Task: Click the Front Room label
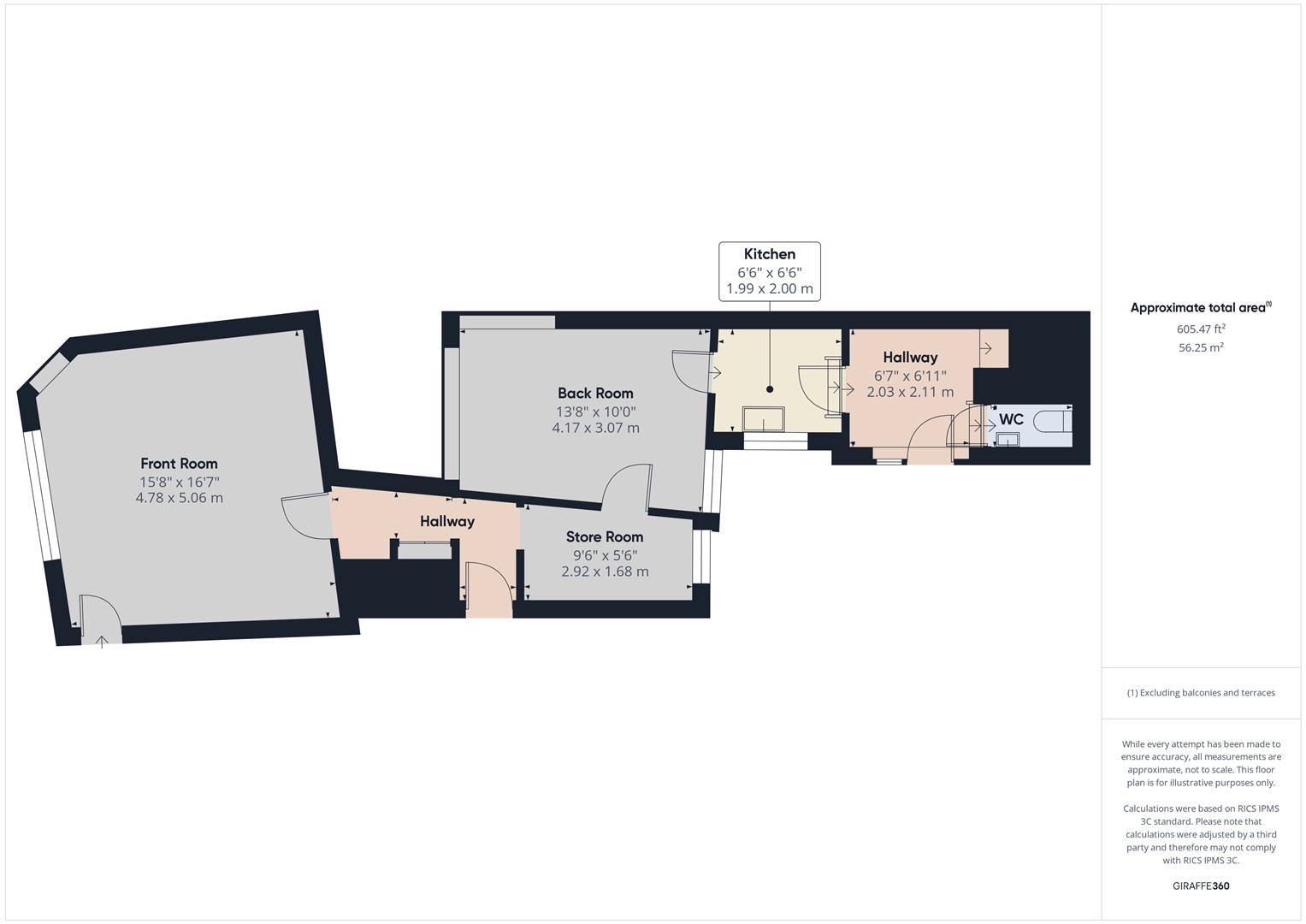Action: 179,464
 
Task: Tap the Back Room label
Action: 595,394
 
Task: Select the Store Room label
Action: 604,537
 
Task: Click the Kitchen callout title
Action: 770,254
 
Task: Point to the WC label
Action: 1011,420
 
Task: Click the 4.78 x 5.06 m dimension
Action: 179,498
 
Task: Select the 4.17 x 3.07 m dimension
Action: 595,428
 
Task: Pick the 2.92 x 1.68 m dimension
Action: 604,572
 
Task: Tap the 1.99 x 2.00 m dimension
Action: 770,289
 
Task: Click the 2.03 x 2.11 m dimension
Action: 910,392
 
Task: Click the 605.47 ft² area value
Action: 1201,329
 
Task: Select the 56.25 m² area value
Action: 1201,347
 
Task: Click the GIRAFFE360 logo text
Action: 1201,886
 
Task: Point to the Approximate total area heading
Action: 1200,308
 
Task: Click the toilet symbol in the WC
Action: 1051,421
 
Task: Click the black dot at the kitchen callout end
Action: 770,389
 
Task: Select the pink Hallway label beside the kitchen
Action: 910,358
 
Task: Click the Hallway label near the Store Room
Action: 446,522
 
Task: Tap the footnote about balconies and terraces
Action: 1201,693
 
